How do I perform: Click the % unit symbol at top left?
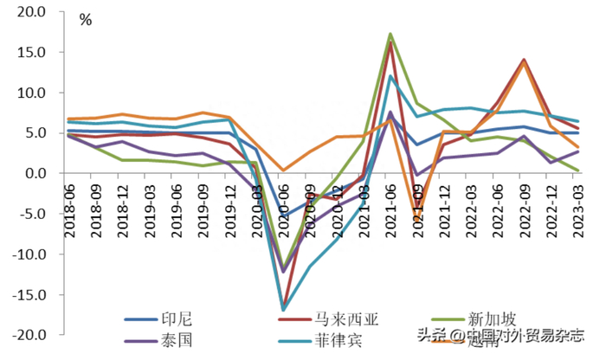pyautogui.click(x=86, y=19)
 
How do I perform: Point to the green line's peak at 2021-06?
pyautogui.click(x=390, y=34)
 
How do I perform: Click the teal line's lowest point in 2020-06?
pyautogui.click(x=284, y=310)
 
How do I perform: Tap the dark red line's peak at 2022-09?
pyautogui.click(x=524, y=60)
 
